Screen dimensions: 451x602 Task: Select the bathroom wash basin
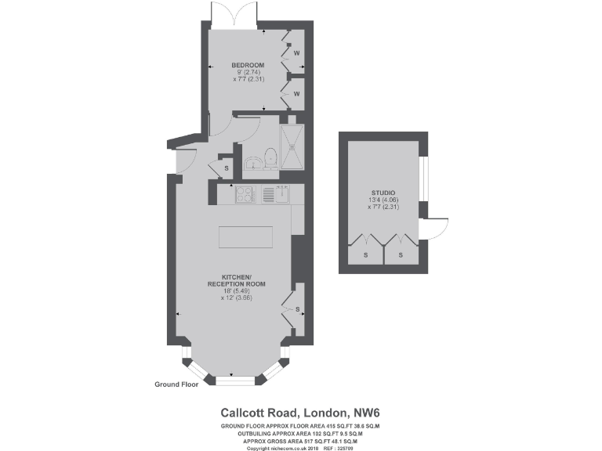tap(253, 163)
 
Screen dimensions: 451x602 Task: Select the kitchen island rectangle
tap(246, 236)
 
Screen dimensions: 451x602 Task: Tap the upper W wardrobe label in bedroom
tap(297, 53)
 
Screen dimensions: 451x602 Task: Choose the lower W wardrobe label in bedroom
tap(297, 94)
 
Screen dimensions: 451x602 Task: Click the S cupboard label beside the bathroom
tap(227, 168)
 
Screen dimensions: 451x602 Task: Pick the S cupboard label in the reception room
tap(298, 309)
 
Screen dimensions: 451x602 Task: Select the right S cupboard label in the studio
tap(401, 255)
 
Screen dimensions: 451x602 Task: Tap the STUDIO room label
tap(383, 193)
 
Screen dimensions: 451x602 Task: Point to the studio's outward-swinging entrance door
tap(436, 227)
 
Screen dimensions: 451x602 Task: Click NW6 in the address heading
tap(364, 412)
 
